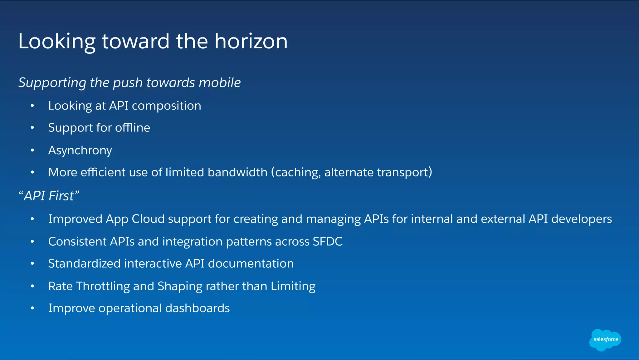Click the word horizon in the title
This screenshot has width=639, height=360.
pos(251,41)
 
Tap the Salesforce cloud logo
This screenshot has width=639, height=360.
pos(605,339)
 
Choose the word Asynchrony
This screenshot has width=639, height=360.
pos(80,151)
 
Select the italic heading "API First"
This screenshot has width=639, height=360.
pos(49,196)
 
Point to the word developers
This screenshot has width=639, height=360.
pos(581,219)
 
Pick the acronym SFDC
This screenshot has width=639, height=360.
pos(327,242)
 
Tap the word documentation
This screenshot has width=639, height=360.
pos(251,264)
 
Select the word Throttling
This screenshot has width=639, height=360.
pos(103,287)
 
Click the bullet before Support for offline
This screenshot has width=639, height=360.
pos(32,128)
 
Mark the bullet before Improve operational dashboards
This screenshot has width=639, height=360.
pos(32,308)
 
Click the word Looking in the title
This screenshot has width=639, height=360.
pos(56,42)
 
